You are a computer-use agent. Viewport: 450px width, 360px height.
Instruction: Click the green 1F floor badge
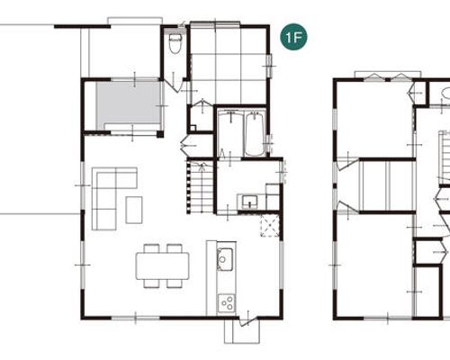click(293, 37)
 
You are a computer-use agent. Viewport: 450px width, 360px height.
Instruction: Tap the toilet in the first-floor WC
click(175, 43)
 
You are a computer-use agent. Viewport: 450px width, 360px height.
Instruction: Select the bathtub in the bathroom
click(255, 134)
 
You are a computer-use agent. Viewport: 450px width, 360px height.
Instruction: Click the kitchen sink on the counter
click(225, 259)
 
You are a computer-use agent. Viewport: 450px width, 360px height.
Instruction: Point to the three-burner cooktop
click(227, 303)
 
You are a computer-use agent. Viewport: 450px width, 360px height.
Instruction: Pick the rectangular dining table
click(163, 265)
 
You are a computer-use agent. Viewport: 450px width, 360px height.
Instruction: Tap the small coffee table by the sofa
click(134, 210)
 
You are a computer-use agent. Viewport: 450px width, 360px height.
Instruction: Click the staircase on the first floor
click(200, 187)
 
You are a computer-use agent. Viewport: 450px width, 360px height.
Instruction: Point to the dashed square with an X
click(270, 226)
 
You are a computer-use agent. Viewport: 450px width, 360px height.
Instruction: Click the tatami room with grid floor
click(229, 65)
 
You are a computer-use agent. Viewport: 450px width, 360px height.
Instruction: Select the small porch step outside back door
click(242, 331)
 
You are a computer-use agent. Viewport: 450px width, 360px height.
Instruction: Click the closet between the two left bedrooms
click(387, 186)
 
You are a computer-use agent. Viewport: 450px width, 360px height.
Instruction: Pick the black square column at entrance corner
click(160, 134)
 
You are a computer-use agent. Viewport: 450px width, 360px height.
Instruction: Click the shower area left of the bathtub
click(230, 134)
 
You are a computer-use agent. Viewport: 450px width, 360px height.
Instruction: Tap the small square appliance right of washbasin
click(273, 196)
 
